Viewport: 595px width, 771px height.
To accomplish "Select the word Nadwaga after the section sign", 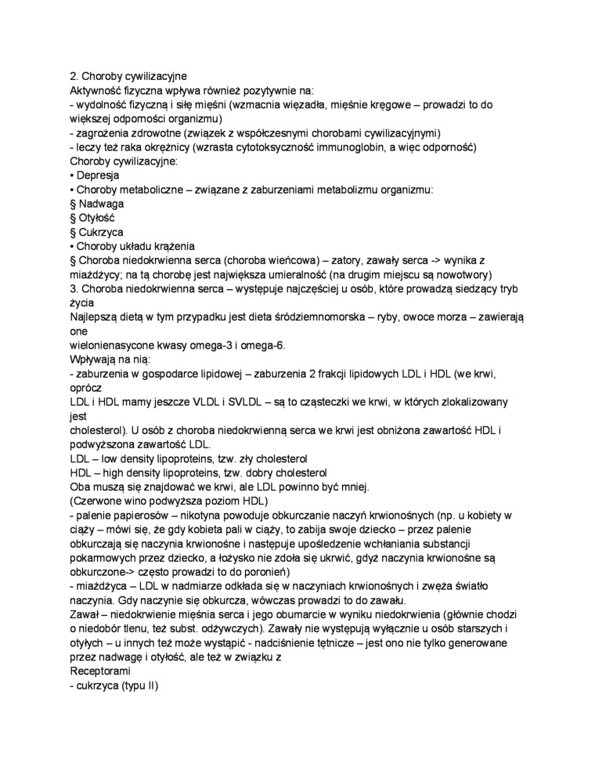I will [x=101, y=204].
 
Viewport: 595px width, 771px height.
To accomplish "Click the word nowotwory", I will [x=461, y=274].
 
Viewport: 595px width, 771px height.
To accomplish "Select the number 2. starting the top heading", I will [x=74, y=77].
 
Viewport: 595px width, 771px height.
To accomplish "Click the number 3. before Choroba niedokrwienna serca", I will [x=74, y=288].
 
